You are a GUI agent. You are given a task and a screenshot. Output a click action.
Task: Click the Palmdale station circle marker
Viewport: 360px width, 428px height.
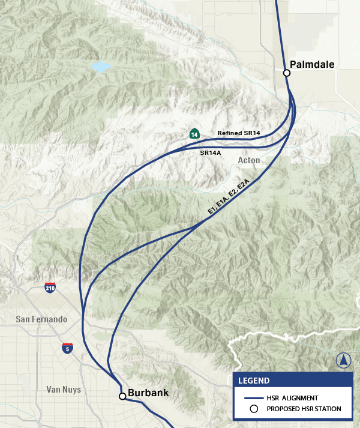click(x=287, y=73)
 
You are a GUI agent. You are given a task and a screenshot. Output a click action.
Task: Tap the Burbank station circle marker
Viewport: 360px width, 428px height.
click(x=122, y=396)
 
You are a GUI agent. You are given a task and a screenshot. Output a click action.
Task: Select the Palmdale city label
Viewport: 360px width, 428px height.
click(x=312, y=64)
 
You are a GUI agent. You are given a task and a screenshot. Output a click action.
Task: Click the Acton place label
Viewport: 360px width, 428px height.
click(x=249, y=160)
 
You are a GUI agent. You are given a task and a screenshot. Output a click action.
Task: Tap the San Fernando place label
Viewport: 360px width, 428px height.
click(x=41, y=319)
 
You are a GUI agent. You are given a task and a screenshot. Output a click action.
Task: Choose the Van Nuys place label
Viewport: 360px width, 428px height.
click(x=64, y=390)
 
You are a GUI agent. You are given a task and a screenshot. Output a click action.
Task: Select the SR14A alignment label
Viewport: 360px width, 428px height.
click(x=211, y=153)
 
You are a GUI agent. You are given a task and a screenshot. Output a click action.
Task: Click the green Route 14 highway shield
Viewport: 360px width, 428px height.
click(x=194, y=134)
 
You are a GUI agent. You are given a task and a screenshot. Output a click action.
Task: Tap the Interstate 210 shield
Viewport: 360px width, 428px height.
click(x=50, y=288)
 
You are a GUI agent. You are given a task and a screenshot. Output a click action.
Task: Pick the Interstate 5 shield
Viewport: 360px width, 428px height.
click(x=67, y=348)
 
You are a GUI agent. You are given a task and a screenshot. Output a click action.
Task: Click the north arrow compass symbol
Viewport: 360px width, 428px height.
click(x=344, y=360)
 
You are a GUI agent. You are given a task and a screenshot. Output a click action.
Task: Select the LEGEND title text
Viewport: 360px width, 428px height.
click(x=254, y=381)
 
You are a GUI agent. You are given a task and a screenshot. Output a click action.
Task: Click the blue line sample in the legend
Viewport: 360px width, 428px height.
click(x=253, y=397)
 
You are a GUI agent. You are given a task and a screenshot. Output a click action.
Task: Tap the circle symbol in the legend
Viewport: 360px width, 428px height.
click(x=253, y=409)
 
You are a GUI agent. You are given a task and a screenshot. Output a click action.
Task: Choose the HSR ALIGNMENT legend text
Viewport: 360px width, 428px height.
click(x=292, y=397)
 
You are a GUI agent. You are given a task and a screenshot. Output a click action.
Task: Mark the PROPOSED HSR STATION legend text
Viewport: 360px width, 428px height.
click(x=304, y=409)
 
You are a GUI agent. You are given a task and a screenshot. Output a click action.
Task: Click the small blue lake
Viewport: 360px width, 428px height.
click(x=100, y=67)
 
